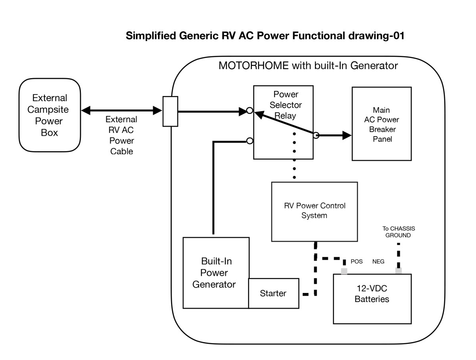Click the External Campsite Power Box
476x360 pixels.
coord(50,115)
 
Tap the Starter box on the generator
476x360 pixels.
coord(273,293)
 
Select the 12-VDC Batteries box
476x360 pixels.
coord(372,298)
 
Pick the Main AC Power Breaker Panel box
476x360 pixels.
coord(382,124)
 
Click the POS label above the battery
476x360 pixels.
coord(357,262)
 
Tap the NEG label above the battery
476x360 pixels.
coord(378,262)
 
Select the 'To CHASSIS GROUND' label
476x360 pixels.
coord(398,232)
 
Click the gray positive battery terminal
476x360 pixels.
coord(344,271)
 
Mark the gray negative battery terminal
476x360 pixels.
coord(398,271)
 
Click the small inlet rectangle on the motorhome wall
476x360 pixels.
coord(170,112)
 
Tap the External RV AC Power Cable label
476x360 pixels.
coord(122,135)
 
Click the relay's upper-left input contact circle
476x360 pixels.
coord(249,111)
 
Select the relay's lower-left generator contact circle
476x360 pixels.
coord(250,141)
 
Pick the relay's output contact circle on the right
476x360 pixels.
coord(316,135)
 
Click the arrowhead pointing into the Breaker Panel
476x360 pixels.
coord(347,135)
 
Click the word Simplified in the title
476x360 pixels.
coord(150,36)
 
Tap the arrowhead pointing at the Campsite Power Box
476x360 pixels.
coord(85,109)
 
